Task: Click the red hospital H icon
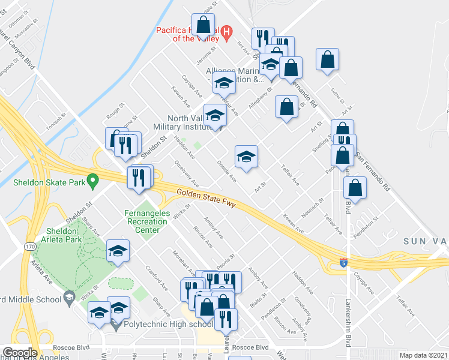pyautogui.click(x=227, y=32)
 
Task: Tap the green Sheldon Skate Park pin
pyautogui.click(x=92, y=179)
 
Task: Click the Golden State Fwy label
pyautogui.click(x=206, y=199)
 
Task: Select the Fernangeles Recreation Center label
pyautogui.click(x=146, y=217)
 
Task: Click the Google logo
pyautogui.click(x=19, y=353)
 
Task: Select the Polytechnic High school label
pyautogui.click(x=168, y=325)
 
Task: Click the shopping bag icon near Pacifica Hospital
pyautogui.click(x=203, y=25)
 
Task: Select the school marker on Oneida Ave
pyautogui.click(x=246, y=157)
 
